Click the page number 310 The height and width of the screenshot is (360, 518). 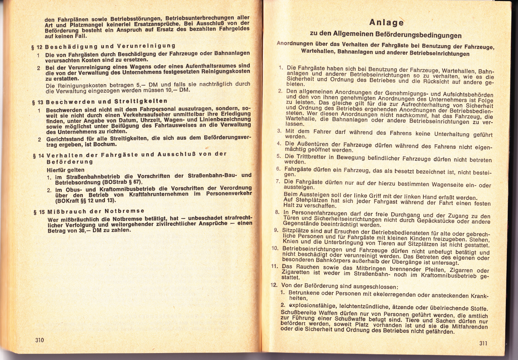coord(40,340)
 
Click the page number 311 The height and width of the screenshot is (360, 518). coord(483,343)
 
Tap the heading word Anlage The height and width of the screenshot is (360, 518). coord(386,22)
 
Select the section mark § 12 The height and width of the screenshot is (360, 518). coord(37,46)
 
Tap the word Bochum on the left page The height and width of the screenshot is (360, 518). coord(105,144)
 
